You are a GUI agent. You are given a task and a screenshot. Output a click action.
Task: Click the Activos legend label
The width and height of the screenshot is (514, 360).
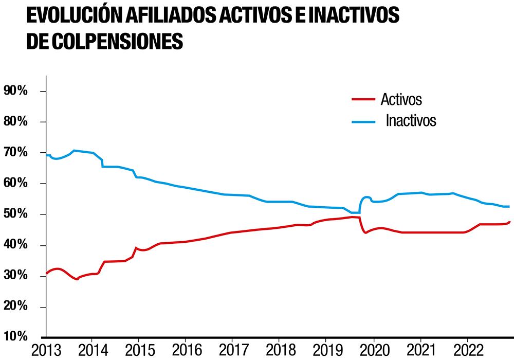click(x=401, y=99)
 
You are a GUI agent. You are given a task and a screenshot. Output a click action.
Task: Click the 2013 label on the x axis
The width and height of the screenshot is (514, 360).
click(x=46, y=351)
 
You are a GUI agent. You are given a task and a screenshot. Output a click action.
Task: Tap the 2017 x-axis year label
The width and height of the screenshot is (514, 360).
click(x=232, y=351)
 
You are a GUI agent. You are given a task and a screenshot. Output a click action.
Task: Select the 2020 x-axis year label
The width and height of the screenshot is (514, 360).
click(x=373, y=351)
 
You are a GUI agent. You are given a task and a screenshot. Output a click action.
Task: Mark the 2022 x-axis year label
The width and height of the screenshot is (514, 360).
click(x=467, y=351)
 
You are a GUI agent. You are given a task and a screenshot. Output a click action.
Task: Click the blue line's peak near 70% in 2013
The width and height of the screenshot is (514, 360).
click(x=75, y=150)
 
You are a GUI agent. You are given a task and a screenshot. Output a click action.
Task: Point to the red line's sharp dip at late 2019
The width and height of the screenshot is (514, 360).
click(x=365, y=233)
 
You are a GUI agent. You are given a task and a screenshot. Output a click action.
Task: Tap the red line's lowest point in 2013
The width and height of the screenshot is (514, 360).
click(x=77, y=279)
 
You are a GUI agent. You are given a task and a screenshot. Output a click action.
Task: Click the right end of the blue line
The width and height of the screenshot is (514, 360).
click(x=508, y=206)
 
